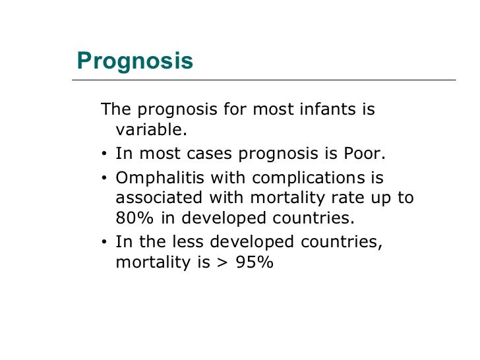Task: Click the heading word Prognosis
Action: [135, 61]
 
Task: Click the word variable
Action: [151, 130]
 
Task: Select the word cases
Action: [206, 154]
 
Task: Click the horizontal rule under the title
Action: [264, 80]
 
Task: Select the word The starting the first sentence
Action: [114, 108]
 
